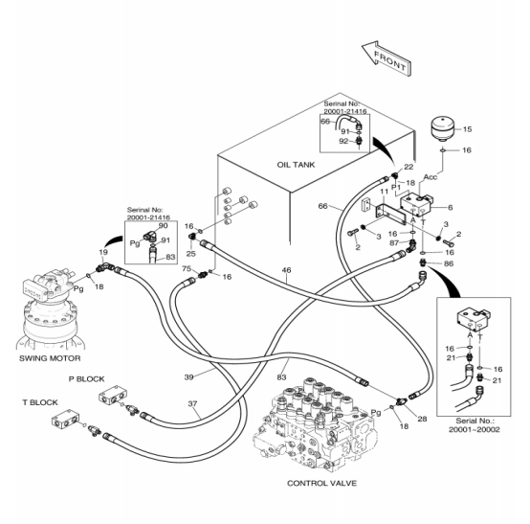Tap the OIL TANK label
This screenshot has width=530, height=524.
[x=296, y=165]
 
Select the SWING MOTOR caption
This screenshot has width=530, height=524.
[x=50, y=358]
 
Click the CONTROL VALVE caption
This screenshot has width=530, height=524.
[x=321, y=483]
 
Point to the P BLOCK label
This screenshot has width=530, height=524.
[x=86, y=378]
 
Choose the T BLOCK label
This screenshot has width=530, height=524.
[x=40, y=402]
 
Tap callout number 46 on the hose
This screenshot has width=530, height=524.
[x=286, y=270]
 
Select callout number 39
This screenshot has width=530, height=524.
[x=189, y=376]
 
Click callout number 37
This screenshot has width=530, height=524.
[x=192, y=403]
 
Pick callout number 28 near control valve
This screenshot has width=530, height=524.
[x=422, y=419]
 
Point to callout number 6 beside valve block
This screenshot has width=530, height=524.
[x=450, y=207]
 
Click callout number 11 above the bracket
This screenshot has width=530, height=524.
[x=384, y=192]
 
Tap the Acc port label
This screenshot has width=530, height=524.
[x=431, y=176]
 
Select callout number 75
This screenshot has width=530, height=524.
[x=187, y=269]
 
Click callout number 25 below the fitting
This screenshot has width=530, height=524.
[x=191, y=254]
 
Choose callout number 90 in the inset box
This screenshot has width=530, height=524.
[x=163, y=226]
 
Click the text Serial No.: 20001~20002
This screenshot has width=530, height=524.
[x=474, y=425]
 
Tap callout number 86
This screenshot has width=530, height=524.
[x=449, y=263]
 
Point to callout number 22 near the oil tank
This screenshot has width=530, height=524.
[x=409, y=167]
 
